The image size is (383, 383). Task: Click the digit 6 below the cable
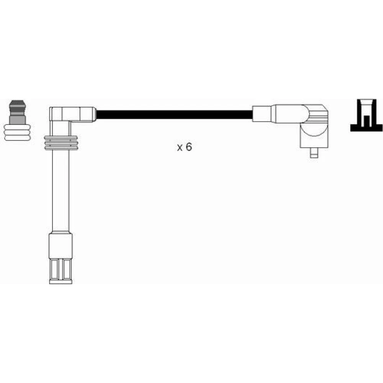(x=189, y=147)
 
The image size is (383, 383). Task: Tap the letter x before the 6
(x=180, y=148)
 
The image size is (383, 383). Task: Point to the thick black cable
(x=174, y=115)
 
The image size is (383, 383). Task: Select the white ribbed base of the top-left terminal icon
(x=17, y=133)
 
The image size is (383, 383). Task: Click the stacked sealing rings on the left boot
(x=61, y=142)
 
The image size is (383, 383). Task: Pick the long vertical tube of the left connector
(x=61, y=190)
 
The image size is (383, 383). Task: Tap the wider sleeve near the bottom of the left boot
(x=61, y=245)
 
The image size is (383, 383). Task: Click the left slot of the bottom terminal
(x=55, y=269)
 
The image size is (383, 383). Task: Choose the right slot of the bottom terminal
(x=67, y=269)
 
